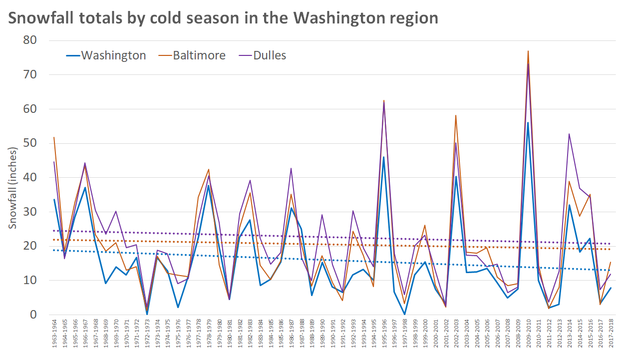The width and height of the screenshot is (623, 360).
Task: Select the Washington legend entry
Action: [113, 55]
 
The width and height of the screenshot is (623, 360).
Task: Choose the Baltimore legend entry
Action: [199, 55]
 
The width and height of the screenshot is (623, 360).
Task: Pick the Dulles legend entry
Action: [270, 55]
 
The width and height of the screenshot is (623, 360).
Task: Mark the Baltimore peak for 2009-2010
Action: [528, 51]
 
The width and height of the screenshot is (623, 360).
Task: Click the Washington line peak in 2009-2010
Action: [528, 122]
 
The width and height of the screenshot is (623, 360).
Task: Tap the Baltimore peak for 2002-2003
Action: [456, 115]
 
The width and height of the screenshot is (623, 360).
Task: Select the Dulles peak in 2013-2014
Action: [569, 134]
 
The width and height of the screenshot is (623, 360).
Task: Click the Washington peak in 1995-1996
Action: [384, 157]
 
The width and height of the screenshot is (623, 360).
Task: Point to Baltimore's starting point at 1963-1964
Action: [54, 137]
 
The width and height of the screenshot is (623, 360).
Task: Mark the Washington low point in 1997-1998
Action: [404, 314]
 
